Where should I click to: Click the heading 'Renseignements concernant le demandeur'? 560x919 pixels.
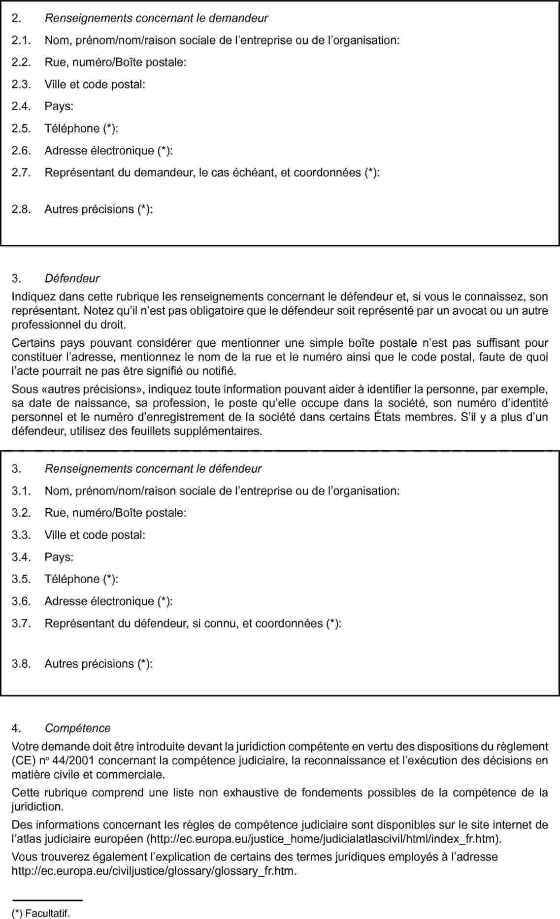click(156, 18)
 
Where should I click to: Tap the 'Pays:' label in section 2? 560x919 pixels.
click(59, 106)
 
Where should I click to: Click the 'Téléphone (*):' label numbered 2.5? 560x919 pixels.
click(81, 129)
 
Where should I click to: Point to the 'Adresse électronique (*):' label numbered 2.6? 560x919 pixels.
click(108, 151)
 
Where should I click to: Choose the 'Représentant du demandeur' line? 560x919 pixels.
click(212, 173)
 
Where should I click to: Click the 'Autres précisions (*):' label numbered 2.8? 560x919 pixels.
click(99, 209)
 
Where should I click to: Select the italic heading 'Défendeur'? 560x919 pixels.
click(72, 278)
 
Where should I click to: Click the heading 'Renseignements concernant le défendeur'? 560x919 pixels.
click(153, 469)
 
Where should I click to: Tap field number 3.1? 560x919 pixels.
click(222, 491)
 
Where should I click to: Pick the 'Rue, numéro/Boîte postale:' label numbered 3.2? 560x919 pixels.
click(115, 513)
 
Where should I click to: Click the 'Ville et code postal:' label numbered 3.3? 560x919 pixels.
click(95, 535)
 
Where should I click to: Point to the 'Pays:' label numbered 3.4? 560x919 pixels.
click(59, 558)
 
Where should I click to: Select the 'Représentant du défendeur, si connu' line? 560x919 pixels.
click(193, 624)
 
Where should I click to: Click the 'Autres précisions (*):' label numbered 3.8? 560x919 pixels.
click(99, 664)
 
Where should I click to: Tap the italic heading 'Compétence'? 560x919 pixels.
click(77, 728)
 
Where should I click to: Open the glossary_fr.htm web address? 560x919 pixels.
click(154, 871)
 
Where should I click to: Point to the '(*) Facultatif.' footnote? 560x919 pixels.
click(41, 914)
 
